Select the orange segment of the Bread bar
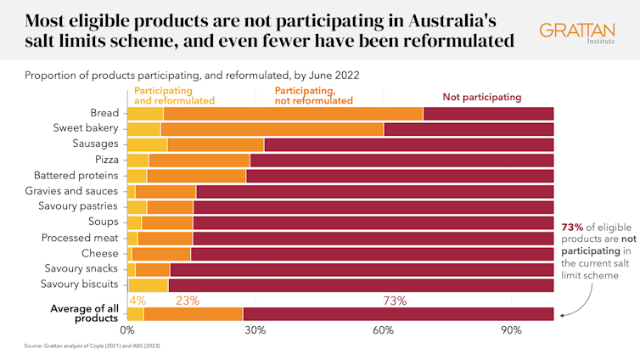(x=293, y=114)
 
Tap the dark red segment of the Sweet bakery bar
(x=469, y=129)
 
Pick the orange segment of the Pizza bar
(x=199, y=160)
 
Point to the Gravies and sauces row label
(x=77, y=191)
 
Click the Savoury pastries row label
(x=81, y=206)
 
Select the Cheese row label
(x=99, y=253)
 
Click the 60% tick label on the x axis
(x=383, y=329)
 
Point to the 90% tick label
(x=511, y=329)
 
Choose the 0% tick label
(x=128, y=329)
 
